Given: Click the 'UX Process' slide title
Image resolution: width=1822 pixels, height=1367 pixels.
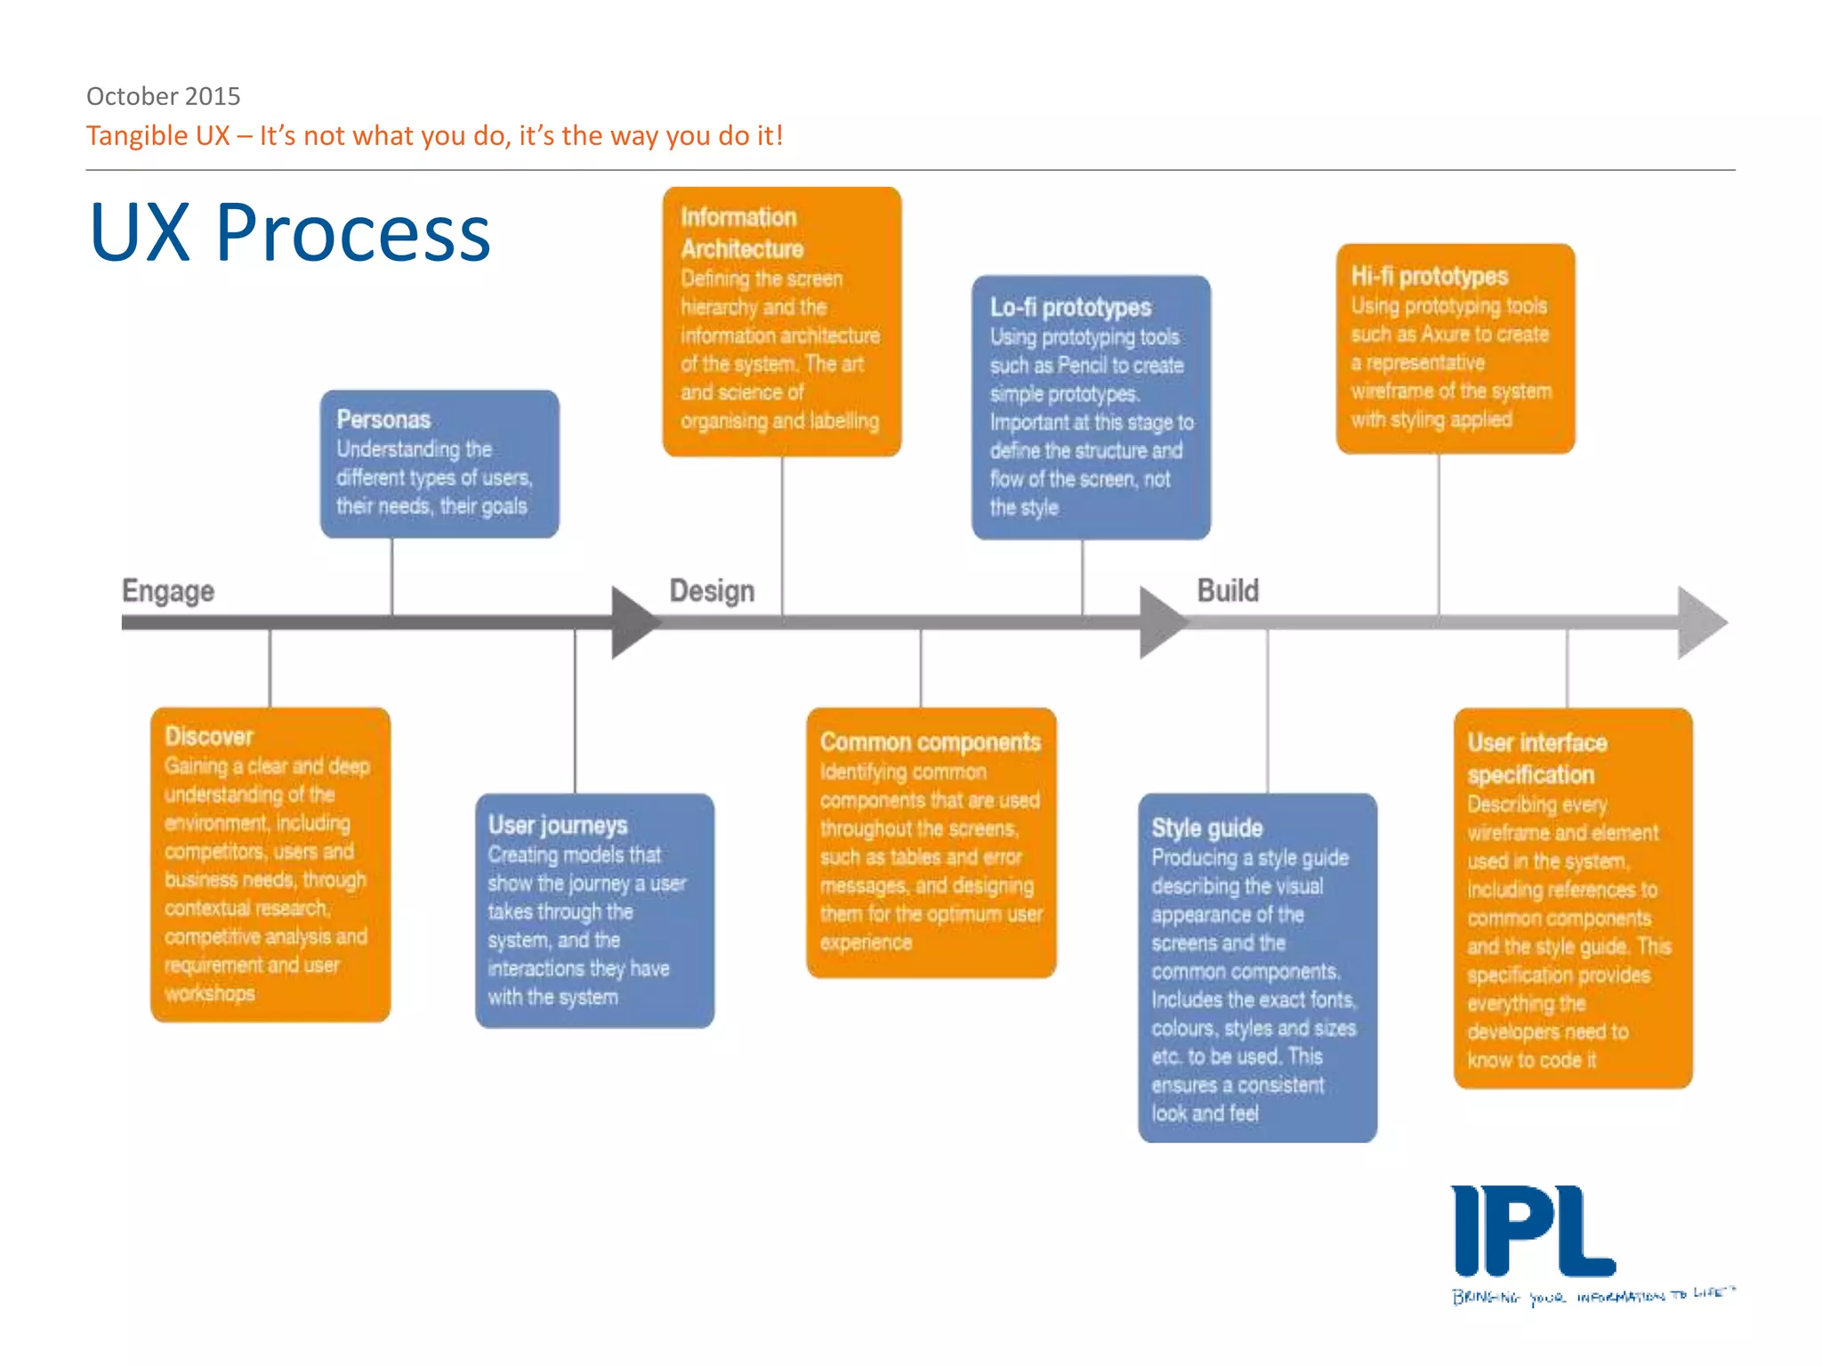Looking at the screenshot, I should pos(290,233).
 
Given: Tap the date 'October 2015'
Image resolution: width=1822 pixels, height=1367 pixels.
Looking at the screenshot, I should pos(163,95).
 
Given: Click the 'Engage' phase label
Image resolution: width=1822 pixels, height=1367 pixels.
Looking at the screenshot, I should pos(167,591).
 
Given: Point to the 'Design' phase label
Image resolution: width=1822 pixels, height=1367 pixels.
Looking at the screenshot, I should pos(712,591).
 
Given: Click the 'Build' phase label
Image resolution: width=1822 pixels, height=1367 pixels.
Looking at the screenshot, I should pos(1228,590).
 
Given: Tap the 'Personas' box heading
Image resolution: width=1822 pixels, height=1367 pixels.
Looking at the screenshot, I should pos(383,419).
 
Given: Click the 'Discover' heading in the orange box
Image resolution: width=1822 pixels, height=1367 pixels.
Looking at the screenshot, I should pos(209,736).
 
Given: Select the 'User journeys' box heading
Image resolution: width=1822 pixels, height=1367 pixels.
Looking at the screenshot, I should pos(558,825).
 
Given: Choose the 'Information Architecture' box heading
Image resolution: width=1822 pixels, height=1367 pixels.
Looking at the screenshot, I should pos(741,233).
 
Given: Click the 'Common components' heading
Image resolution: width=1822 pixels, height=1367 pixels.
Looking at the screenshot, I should pos(930,741).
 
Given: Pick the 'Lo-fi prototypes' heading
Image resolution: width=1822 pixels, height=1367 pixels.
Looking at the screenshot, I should pos(1070,307).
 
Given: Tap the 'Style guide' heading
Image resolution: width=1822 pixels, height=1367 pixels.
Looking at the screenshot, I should pos(1206,828).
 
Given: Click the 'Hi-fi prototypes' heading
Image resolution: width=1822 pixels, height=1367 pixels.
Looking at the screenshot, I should pos(1429,276).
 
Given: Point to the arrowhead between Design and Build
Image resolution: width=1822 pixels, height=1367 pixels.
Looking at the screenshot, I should pos(1162,622).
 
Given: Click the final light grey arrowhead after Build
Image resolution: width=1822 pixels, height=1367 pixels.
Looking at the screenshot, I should pos(1700,622).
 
